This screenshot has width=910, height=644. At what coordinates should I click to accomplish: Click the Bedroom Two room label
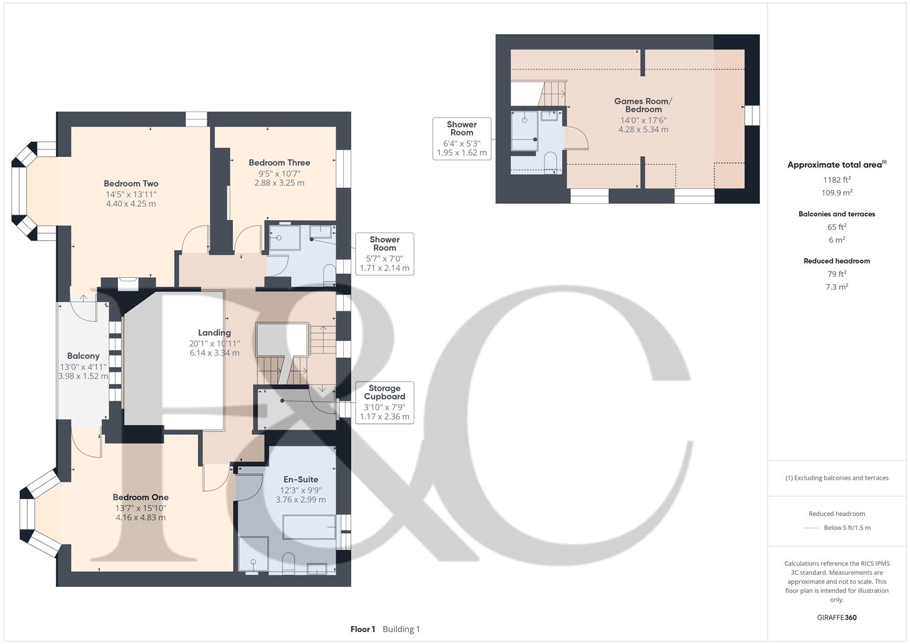click(131, 184)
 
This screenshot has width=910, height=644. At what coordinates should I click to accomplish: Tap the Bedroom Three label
click(279, 163)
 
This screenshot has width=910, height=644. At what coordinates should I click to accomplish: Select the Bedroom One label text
click(141, 497)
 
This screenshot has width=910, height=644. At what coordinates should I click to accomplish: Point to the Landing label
click(215, 333)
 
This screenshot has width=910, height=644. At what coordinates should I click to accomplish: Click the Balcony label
click(83, 356)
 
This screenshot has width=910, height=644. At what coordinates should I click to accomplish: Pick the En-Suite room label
click(300, 479)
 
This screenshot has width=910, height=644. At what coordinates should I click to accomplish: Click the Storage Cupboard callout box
click(384, 402)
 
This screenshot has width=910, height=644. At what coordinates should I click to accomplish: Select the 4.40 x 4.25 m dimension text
click(131, 204)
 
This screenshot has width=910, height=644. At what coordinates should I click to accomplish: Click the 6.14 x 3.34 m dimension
click(215, 353)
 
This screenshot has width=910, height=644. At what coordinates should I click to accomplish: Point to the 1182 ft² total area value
click(837, 179)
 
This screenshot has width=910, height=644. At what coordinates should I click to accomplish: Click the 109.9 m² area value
click(837, 193)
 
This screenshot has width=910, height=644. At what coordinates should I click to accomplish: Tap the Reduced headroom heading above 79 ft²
click(837, 261)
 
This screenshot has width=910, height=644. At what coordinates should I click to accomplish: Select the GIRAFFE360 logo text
click(837, 617)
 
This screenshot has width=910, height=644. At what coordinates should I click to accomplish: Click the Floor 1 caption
click(363, 629)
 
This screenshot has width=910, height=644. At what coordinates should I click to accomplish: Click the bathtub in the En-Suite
click(308, 528)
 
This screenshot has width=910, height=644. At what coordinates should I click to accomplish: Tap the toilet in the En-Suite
click(289, 561)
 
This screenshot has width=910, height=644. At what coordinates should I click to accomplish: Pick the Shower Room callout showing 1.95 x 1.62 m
click(462, 138)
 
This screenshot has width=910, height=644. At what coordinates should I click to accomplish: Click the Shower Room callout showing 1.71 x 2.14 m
click(384, 253)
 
